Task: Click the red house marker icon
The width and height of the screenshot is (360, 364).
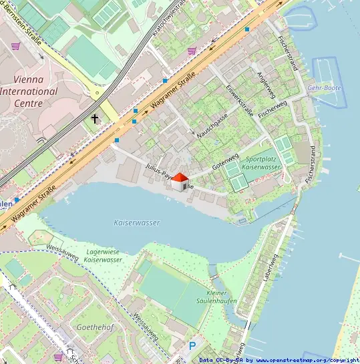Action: [x=179, y=181]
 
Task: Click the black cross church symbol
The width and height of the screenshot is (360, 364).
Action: [x=95, y=119]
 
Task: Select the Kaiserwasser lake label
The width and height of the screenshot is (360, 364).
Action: [x=138, y=222]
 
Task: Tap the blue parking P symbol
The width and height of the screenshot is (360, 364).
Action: [x=192, y=346]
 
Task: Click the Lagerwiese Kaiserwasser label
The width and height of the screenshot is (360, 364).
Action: [x=104, y=255]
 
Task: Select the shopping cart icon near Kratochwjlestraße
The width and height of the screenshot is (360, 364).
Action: [x=192, y=50]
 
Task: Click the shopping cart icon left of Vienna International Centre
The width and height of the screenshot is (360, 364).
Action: [x=15, y=46]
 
